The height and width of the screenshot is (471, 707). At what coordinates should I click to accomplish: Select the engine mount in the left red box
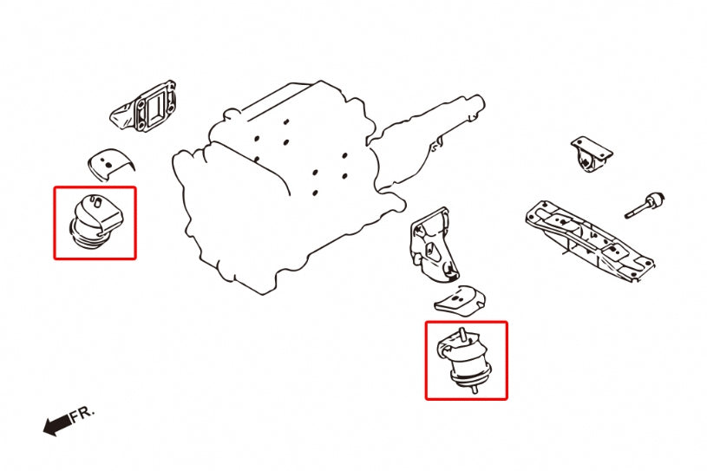[x=96, y=221]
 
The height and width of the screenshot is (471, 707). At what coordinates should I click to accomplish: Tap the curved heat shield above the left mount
[x=110, y=163]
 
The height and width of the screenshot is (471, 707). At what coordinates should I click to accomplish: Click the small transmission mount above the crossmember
[x=592, y=154]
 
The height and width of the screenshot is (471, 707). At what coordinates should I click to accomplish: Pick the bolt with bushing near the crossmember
[x=645, y=205]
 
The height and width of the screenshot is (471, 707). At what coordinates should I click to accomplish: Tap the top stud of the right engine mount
[x=461, y=335]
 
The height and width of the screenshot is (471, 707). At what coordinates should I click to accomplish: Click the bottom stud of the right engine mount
[x=475, y=389]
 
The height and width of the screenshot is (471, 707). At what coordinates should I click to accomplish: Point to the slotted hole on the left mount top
[x=97, y=201]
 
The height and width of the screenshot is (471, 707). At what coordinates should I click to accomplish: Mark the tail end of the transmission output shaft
[x=481, y=102]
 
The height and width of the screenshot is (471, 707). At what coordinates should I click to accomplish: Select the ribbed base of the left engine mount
[x=87, y=236]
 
